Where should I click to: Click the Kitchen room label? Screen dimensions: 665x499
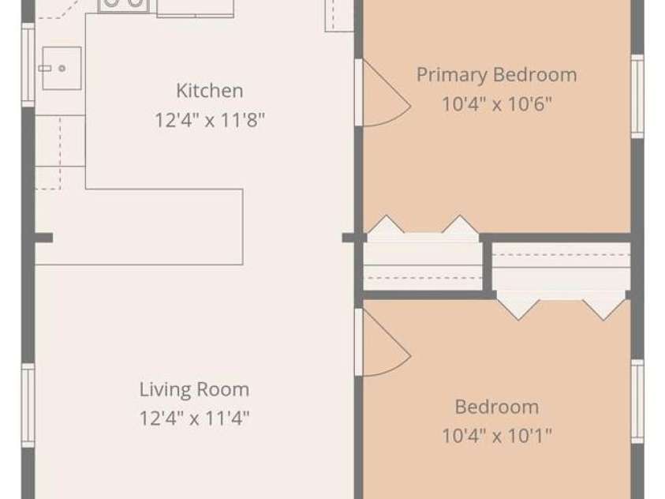point(210,91)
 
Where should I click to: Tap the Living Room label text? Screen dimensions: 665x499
point(194,389)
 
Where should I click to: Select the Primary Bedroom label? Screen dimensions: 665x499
point(497,75)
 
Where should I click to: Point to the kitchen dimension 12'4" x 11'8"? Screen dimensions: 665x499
point(210,120)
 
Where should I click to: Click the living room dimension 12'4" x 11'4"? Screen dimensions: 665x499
point(194,418)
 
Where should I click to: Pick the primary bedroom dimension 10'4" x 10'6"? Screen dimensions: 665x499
point(497,103)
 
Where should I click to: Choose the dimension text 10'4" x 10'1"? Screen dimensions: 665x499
point(497,435)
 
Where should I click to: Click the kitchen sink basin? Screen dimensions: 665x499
point(62,69)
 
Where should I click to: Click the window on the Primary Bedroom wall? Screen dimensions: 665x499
point(637,96)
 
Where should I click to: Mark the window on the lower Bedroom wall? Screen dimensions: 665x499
point(637,401)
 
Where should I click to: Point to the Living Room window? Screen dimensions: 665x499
point(28,405)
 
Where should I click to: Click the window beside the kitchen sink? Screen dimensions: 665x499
point(28,65)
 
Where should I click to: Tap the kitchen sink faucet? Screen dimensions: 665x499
point(45,69)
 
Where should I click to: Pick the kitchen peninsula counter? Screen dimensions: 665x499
point(139,227)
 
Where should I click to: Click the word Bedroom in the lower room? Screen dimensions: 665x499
point(497,407)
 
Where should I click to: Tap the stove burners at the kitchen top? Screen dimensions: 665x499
point(123,4)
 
